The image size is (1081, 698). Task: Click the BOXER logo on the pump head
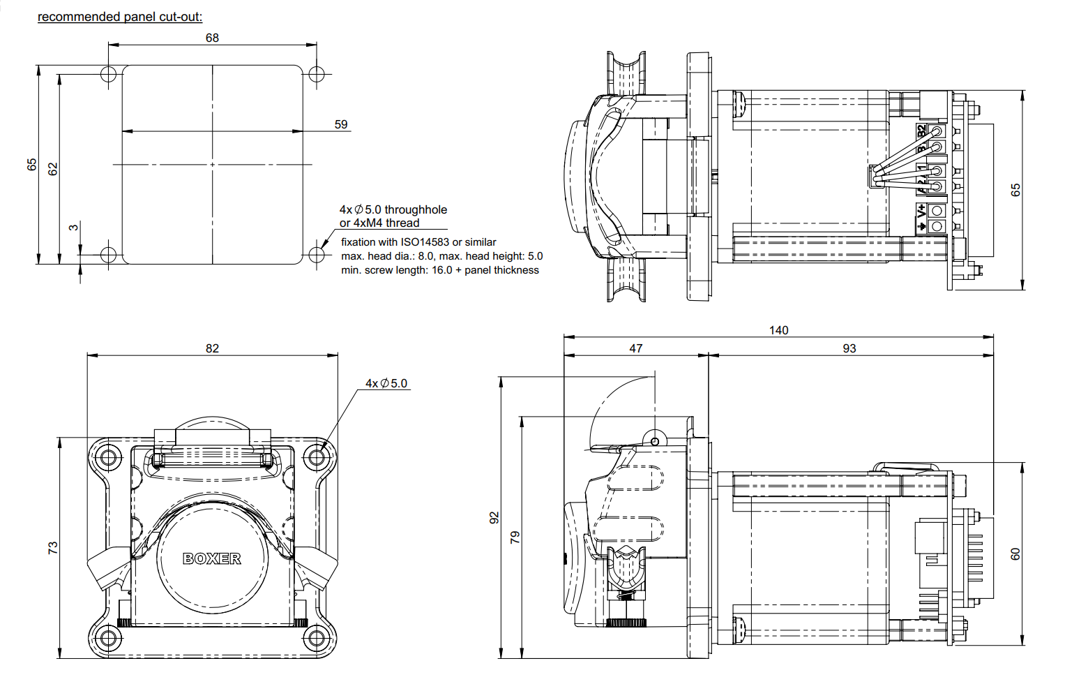point(212,558)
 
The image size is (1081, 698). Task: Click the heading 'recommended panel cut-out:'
point(120,17)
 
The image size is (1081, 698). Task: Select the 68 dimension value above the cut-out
point(212,38)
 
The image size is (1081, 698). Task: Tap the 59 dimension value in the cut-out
point(340,124)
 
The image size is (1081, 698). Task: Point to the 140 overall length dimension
point(778,330)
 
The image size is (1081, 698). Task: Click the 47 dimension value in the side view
point(635,348)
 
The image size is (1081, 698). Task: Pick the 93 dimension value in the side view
point(849,348)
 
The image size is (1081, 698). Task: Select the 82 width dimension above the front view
point(212,348)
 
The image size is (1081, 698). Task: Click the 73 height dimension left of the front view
point(53,548)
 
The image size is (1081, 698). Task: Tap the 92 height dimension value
point(494,517)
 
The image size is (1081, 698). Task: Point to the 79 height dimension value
point(515,537)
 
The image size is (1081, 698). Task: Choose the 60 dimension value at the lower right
point(1015,554)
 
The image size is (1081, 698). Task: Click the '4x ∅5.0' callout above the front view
point(386,383)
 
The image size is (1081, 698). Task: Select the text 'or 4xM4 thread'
point(379,223)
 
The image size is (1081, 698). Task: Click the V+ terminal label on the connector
point(921,211)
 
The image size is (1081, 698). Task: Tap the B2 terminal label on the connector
point(921,131)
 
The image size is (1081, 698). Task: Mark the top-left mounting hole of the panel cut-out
point(108,74)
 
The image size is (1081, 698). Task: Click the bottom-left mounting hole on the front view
point(107,637)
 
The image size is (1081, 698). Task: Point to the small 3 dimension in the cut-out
point(73,228)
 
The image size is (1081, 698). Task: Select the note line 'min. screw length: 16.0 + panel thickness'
point(439,270)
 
